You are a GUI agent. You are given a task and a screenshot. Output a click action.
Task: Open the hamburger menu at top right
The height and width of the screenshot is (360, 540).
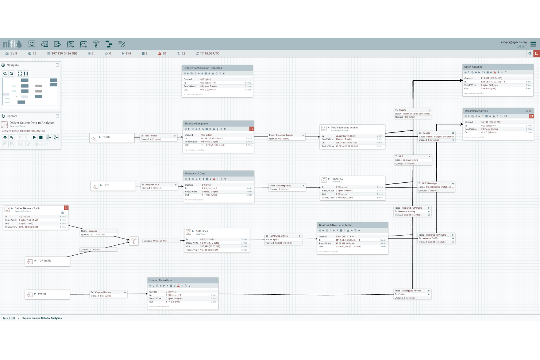[533, 44]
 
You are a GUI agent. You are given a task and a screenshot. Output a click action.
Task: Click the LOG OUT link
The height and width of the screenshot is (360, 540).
[521, 47]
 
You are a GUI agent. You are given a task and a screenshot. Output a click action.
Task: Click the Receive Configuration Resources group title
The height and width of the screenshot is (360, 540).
[203, 68]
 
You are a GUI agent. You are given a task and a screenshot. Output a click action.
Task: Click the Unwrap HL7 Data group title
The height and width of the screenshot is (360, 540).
[195, 174]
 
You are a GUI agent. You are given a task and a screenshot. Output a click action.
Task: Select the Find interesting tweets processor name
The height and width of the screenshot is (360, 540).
[344, 128]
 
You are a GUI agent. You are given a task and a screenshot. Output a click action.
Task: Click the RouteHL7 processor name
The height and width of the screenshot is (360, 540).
[337, 179]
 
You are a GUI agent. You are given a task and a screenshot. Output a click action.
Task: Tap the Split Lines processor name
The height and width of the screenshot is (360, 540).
[202, 231]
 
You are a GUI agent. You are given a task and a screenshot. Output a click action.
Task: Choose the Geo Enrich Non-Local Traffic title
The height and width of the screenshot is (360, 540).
[335, 225]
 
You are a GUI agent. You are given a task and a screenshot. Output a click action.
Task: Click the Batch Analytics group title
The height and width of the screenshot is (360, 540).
[473, 67]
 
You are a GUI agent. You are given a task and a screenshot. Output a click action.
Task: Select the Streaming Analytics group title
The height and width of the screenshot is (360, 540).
[476, 111]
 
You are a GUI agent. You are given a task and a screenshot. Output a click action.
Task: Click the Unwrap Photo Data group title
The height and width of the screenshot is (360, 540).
[160, 280]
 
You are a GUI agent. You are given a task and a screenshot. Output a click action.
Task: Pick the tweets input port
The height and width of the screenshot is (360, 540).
[106, 138]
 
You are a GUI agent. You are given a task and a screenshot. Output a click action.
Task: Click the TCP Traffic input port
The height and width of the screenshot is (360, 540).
[45, 261]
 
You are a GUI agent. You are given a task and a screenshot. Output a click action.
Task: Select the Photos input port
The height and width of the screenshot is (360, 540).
[42, 294]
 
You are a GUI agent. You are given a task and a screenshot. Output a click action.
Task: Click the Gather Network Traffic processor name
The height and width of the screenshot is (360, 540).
[28, 209]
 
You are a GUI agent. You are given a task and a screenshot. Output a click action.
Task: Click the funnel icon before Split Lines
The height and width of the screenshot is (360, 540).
[134, 241]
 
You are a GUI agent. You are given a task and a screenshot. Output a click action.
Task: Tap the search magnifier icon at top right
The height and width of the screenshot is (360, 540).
[530, 54]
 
